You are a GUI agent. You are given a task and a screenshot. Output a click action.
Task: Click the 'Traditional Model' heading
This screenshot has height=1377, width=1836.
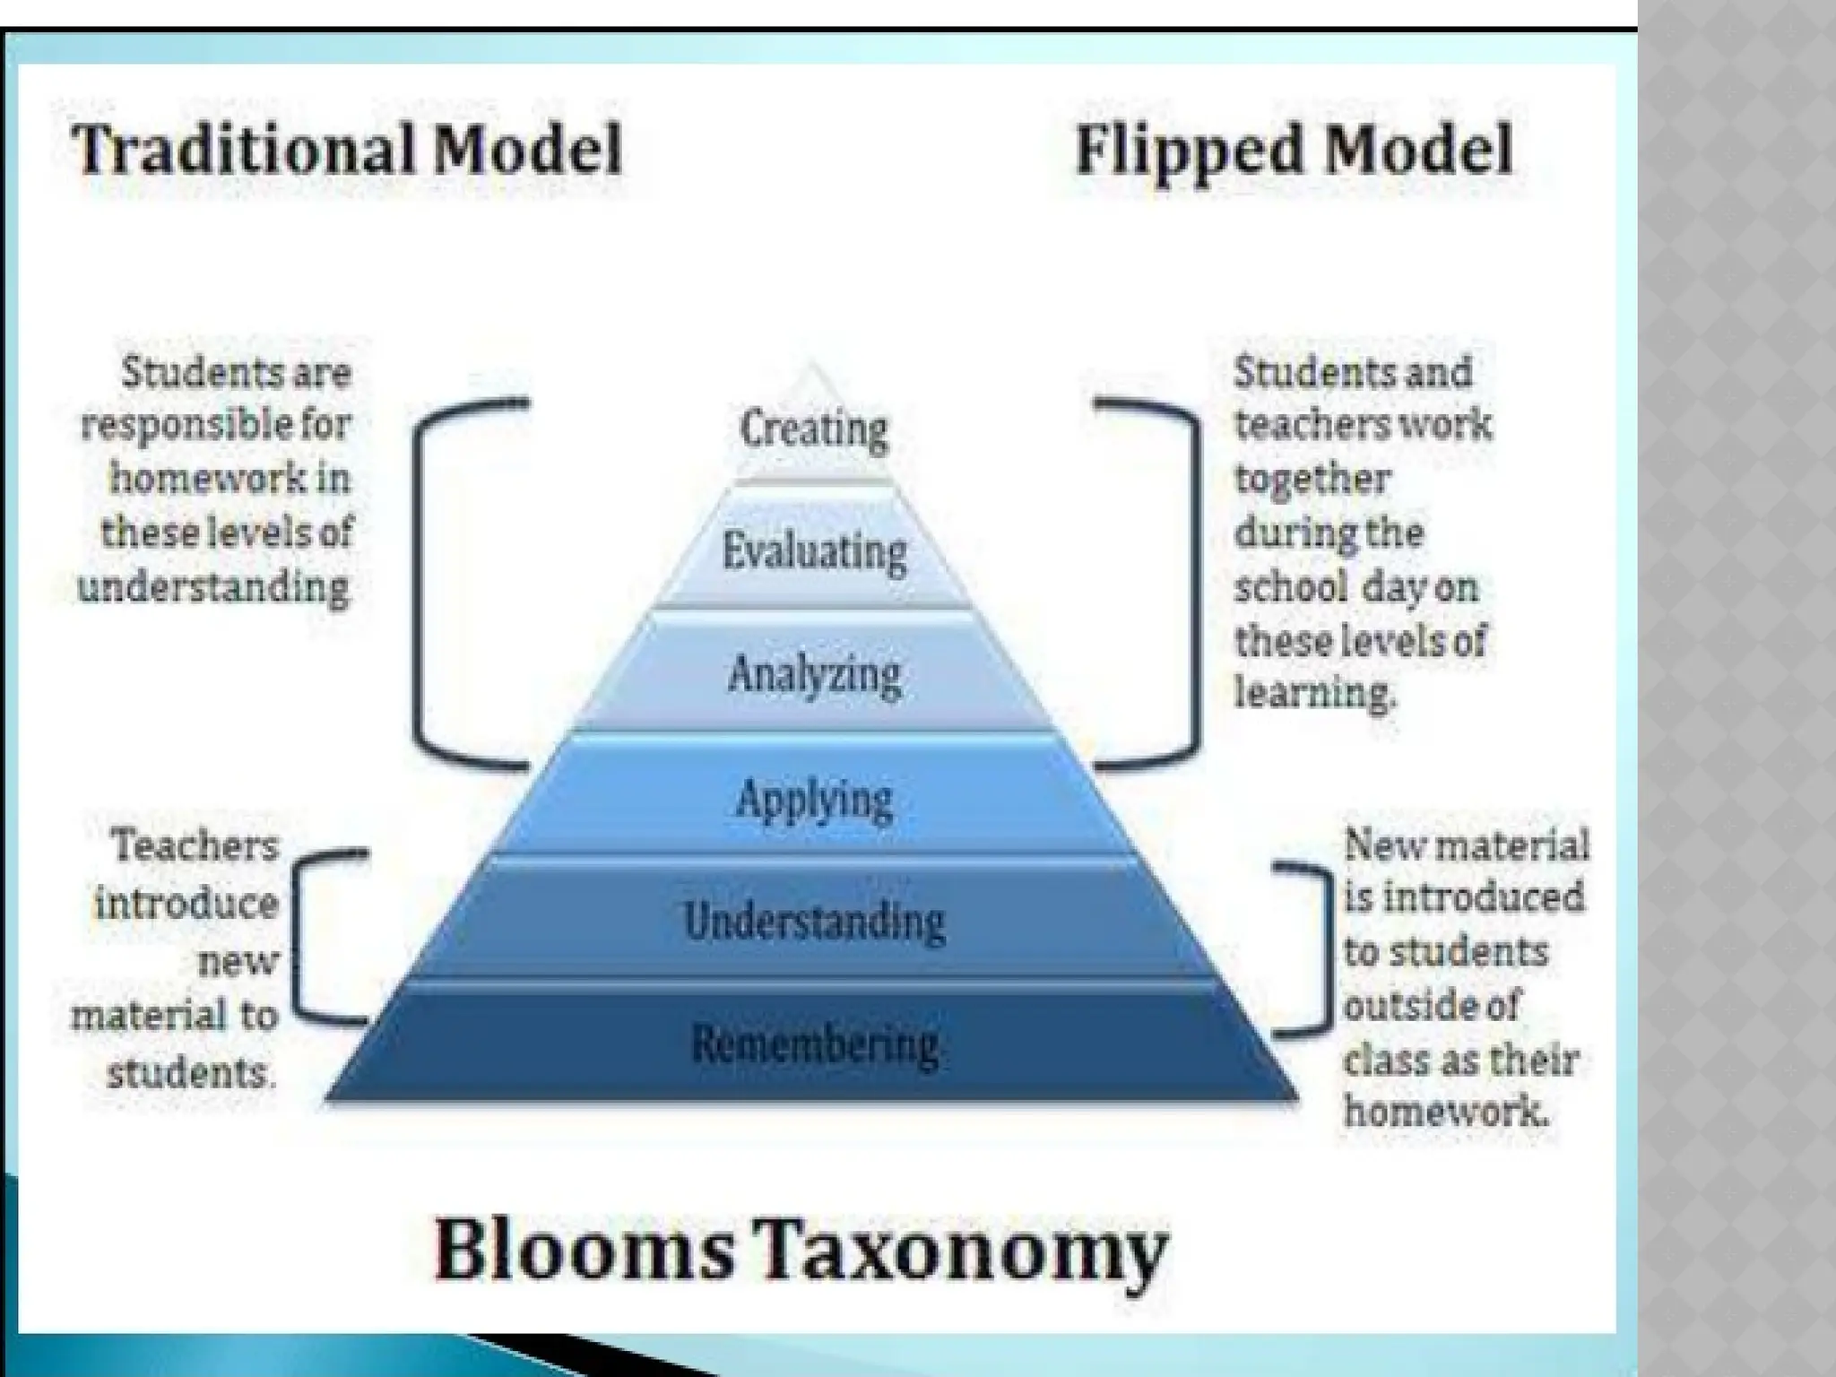347,150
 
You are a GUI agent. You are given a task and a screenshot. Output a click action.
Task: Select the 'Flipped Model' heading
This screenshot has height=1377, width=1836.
1294,150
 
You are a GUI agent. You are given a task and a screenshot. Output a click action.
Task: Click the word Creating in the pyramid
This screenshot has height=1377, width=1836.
813,429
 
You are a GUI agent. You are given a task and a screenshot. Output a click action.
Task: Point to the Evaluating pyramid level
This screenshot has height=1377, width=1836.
814,550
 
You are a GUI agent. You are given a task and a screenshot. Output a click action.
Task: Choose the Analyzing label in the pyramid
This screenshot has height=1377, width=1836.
814,674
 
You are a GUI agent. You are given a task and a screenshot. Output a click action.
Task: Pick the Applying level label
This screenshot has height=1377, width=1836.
814,798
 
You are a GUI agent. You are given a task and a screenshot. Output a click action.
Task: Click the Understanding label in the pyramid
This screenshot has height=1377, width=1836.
814,921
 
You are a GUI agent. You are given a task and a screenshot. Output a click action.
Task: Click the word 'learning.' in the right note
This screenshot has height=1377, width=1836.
1315,693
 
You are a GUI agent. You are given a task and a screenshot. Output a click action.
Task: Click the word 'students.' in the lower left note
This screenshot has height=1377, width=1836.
188,1072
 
